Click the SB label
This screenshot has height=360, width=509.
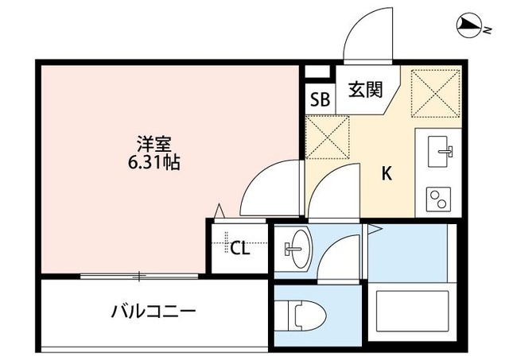320,99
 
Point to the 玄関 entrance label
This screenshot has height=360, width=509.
366,89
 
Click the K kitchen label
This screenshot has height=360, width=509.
386,175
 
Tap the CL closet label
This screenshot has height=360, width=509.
239,248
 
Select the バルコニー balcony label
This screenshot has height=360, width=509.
153,311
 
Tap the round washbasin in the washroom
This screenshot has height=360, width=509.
295,248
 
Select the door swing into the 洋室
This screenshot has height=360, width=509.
268,188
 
